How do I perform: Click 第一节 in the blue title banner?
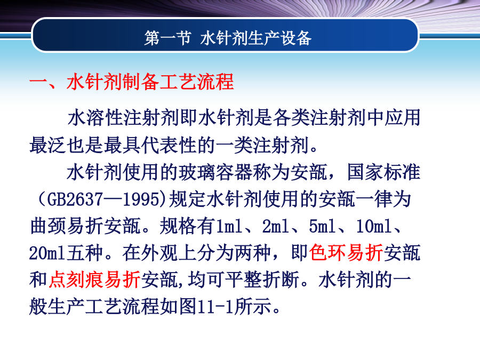(x=167, y=38)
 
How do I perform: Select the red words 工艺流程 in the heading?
(x=196, y=82)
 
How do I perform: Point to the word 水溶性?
(x=95, y=118)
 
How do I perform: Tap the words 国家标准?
(x=384, y=172)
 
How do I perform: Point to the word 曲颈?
(x=49, y=226)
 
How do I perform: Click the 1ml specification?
(x=229, y=226)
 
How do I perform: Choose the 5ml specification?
(x=322, y=226)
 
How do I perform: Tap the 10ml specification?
(x=374, y=226)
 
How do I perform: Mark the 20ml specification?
(x=47, y=253)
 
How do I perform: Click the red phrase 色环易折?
(x=346, y=253)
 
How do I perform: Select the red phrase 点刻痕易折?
(x=94, y=280)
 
